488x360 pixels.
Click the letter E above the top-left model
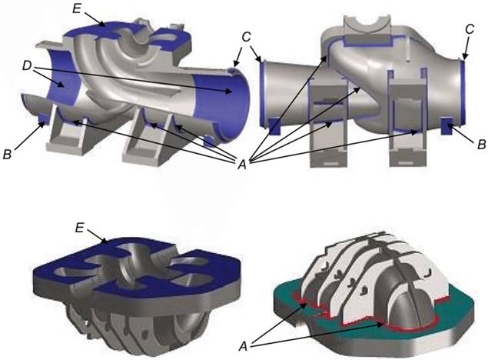click(x=77, y=8)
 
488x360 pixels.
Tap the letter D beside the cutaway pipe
click(x=28, y=65)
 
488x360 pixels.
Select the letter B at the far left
click(x=7, y=154)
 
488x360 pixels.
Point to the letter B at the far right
click(x=481, y=145)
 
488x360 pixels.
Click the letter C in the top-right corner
click(x=470, y=29)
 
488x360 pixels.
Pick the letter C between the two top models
click(x=246, y=37)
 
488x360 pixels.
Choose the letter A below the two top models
click(x=242, y=164)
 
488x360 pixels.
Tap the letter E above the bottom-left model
click(x=80, y=228)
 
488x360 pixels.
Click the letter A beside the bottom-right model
click(x=243, y=346)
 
